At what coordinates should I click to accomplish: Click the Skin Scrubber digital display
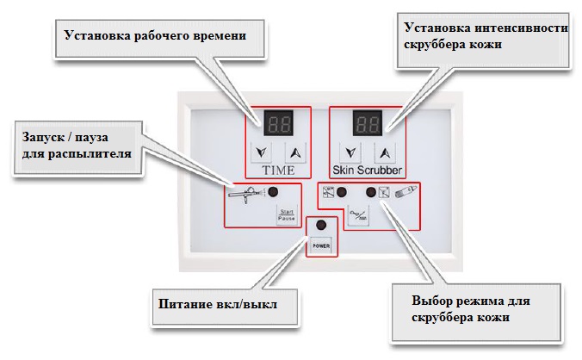tap(366, 123)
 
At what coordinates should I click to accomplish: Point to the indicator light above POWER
tap(321, 226)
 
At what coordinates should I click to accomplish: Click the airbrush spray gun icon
tap(245, 194)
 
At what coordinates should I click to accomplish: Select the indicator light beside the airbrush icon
tap(273, 193)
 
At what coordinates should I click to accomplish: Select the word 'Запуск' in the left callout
tap(41, 138)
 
